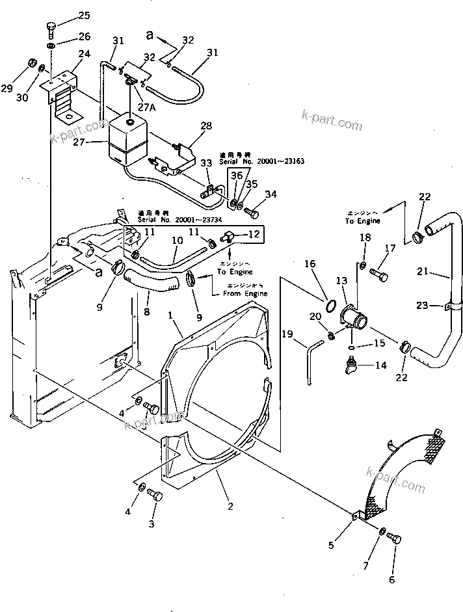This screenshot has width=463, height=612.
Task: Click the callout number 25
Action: pos(85,16)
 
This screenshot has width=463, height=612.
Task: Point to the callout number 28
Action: pos(206,126)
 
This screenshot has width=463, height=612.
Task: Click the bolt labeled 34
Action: pos(254,212)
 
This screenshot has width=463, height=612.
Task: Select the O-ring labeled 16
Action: pos(330,304)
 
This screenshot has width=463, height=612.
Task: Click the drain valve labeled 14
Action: pos(352,368)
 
